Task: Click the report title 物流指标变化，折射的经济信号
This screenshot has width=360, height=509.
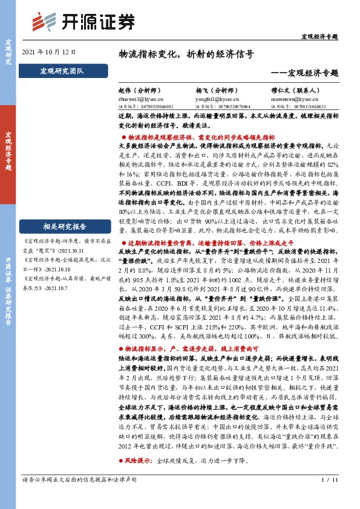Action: click(185, 53)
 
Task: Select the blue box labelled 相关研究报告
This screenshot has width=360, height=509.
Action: click(64, 210)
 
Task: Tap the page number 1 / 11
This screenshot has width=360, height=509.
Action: click(329, 497)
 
